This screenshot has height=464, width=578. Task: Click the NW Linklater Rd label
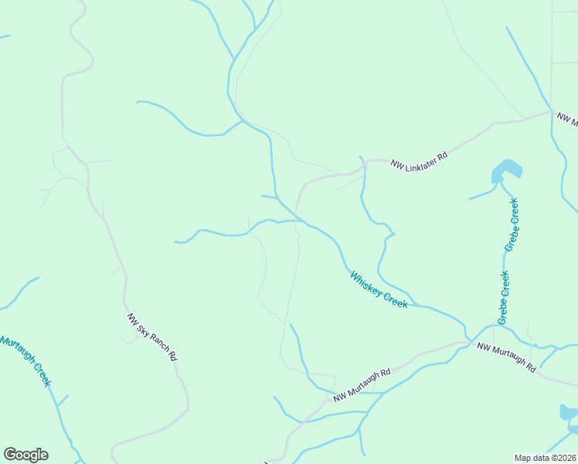(x=419, y=160)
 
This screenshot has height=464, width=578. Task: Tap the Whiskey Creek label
(x=378, y=289)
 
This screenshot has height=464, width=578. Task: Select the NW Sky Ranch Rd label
(x=153, y=338)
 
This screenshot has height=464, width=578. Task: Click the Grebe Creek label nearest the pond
(x=511, y=224)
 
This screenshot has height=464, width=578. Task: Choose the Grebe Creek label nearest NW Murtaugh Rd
(x=504, y=298)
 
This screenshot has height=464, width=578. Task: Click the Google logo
(x=25, y=455)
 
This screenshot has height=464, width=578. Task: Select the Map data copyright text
(x=545, y=458)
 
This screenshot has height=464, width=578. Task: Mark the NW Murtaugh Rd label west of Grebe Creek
(x=362, y=384)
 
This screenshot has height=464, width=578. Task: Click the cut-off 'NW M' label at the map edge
(x=567, y=119)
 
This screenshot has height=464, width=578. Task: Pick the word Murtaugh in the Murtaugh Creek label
(x=18, y=353)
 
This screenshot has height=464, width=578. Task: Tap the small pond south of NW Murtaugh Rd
(x=569, y=412)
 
